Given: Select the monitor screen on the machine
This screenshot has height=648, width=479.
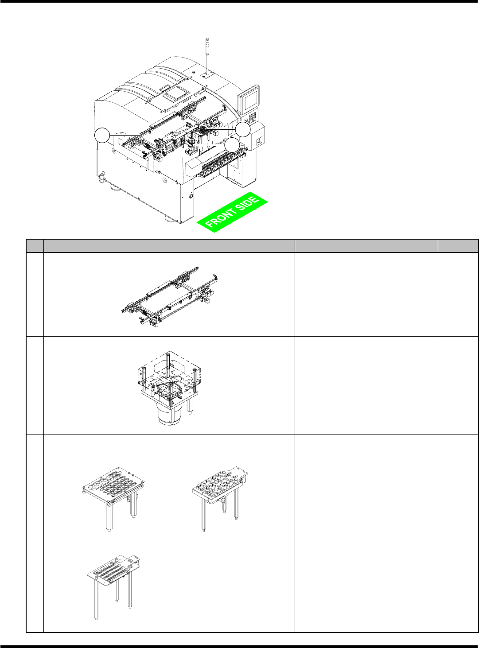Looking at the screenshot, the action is (x=251, y=98).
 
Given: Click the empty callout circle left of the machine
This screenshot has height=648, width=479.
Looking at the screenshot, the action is (x=102, y=135).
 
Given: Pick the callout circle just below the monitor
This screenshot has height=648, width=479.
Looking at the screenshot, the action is (x=243, y=129).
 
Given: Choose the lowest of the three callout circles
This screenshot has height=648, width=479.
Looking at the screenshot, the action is (x=232, y=145).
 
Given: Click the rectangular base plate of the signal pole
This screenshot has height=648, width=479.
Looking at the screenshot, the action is (x=207, y=75).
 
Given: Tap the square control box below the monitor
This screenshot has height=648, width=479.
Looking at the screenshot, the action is (x=257, y=137).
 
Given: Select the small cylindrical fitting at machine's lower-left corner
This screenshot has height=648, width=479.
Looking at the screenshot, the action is (x=102, y=177).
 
